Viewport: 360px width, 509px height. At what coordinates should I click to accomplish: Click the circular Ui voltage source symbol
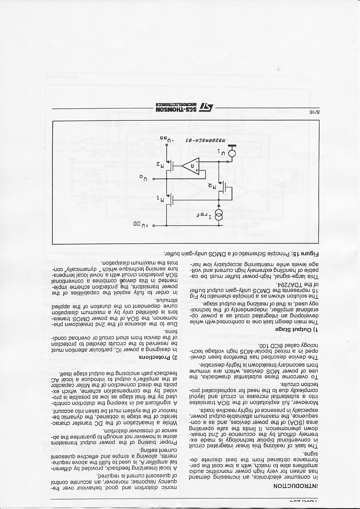[x=232, y=153]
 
